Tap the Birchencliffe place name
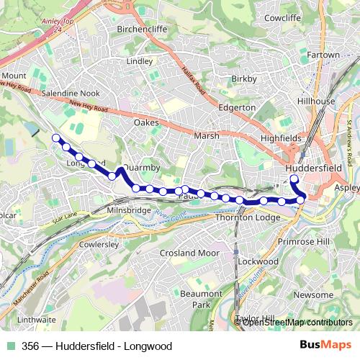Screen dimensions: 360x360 pos(150,30)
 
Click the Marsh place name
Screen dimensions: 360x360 pos(206,135)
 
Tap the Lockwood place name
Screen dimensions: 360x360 pos(256,261)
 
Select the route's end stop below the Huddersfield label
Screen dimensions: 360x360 pos(293,179)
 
